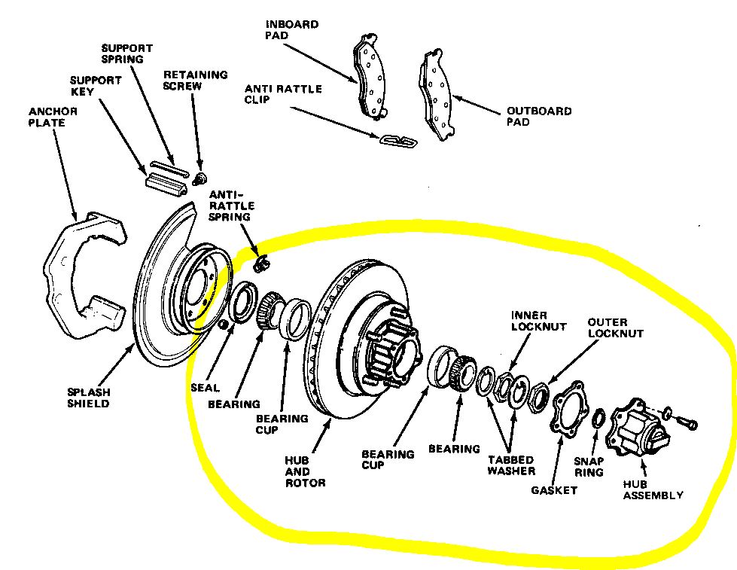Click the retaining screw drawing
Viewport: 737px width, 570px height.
pyautogui.click(x=200, y=178)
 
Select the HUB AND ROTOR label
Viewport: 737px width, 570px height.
pyautogui.click(x=305, y=471)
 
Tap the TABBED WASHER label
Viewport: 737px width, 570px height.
pyautogui.click(x=511, y=465)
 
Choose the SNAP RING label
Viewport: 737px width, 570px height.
pyautogui.click(x=589, y=467)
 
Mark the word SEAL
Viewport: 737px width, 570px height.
pyautogui.click(x=205, y=388)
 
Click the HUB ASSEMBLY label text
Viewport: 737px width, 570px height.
pyautogui.click(x=653, y=489)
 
